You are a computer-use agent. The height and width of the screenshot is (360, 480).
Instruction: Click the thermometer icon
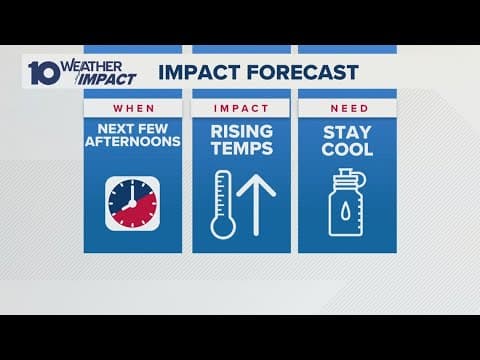click(221, 205)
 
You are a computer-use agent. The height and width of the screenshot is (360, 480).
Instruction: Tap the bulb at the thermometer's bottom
click(221, 226)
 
